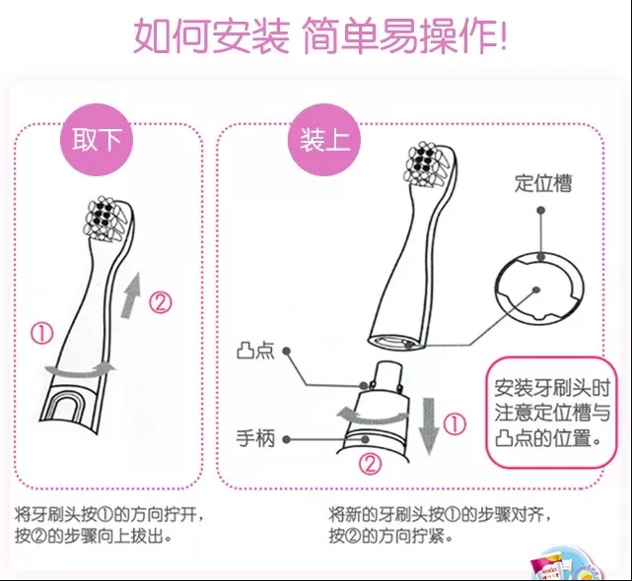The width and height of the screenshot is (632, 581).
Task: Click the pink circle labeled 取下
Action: (97, 139)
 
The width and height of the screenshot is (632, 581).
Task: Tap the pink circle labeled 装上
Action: (324, 139)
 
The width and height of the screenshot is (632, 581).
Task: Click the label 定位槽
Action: (543, 183)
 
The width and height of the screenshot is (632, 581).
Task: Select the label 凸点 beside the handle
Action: (255, 351)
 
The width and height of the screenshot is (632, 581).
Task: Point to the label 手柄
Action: (255, 438)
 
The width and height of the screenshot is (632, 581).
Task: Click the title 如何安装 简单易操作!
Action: (319, 35)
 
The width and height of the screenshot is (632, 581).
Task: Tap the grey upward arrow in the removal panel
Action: (132, 295)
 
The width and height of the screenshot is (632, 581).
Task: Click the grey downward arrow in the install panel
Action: (428, 426)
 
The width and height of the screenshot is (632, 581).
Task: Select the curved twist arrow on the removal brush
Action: (81, 371)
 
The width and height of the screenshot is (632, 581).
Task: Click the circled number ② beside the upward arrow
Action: (161, 303)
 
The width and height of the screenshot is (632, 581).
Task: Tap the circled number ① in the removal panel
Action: (42, 334)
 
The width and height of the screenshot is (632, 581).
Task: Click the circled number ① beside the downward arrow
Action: (455, 424)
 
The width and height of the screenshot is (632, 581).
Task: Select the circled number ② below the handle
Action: (370, 464)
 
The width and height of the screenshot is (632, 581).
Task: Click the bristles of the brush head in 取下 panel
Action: (104, 220)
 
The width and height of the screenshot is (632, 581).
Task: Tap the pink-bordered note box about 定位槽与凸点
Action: (551, 413)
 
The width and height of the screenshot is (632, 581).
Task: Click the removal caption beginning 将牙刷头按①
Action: (108, 526)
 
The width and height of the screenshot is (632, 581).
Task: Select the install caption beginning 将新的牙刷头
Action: (440, 526)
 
